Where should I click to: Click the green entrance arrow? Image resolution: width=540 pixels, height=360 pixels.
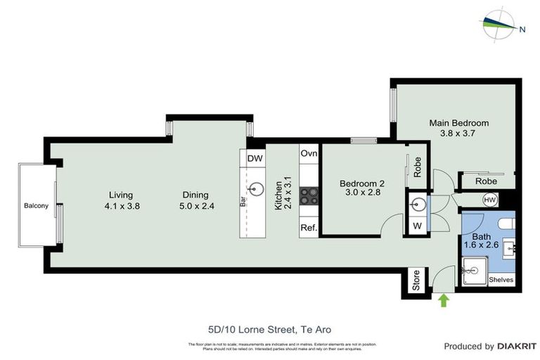443,300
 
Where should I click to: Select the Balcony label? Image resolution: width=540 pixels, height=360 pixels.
36,206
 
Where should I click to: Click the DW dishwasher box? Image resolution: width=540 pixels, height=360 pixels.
255,158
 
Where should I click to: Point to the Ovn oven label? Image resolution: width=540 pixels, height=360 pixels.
309,153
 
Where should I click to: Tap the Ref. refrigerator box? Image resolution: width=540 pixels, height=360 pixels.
309,228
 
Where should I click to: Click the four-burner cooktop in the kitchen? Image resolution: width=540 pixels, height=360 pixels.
309,195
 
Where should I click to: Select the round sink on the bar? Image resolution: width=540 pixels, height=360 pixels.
257,189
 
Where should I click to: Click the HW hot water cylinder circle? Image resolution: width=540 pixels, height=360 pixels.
489,200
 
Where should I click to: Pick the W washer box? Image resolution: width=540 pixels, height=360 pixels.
416,226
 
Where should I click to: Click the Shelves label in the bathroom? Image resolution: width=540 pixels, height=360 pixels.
501,280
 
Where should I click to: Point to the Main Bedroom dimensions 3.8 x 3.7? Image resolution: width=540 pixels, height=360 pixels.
458,133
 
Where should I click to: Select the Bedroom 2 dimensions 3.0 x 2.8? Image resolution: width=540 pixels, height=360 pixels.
362,191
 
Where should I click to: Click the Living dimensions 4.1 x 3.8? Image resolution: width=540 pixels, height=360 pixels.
120,206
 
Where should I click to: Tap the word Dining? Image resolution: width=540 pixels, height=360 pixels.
195,195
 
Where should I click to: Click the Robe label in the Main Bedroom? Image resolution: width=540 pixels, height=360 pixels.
486,181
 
